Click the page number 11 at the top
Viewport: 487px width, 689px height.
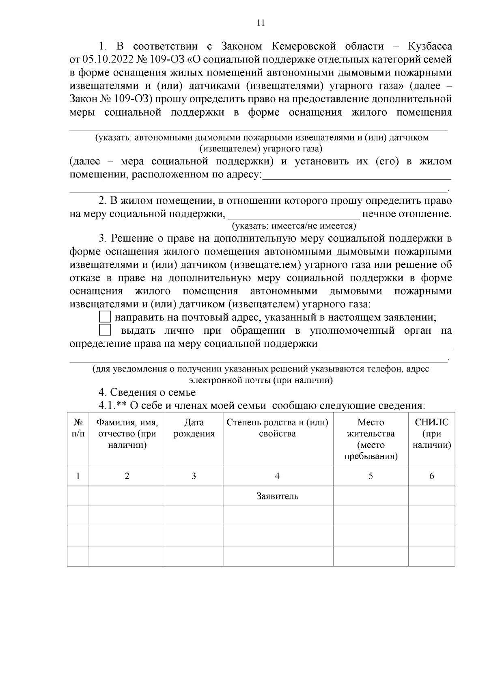pyautogui.click(x=261, y=23)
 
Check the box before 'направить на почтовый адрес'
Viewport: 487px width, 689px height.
pyautogui.click(x=105, y=317)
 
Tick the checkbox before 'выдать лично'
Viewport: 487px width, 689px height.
pyautogui.click(x=105, y=330)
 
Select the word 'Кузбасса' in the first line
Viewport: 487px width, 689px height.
pyautogui.click(x=430, y=46)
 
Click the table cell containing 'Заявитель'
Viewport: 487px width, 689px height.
pyautogui.click(x=278, y=496)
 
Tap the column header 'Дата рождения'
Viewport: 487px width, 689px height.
pyautogui.click(x=194, y=428)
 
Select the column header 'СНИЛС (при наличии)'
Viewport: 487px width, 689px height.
pyautogui.click(x=431, y=434)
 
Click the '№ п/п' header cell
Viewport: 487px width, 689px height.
pyautogui.click(x=78, y=428)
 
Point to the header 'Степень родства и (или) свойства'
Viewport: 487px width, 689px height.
pyautogui.click(x=278, y=428)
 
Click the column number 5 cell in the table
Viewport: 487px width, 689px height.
pyautogui.click(x=371, y=476)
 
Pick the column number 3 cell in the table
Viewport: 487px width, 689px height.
pyautogui.click(x=194, y=476)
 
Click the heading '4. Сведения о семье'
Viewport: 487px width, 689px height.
pyautogui.click(x=147, y=392)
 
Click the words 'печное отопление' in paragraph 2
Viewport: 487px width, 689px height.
pyautogui.click(x=407, y=214)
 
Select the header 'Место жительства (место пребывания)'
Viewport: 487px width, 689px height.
pyautogui.click(x=371, y=439)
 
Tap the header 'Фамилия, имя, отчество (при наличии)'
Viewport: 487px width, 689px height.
pyautogui.click(x=127, y=434)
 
